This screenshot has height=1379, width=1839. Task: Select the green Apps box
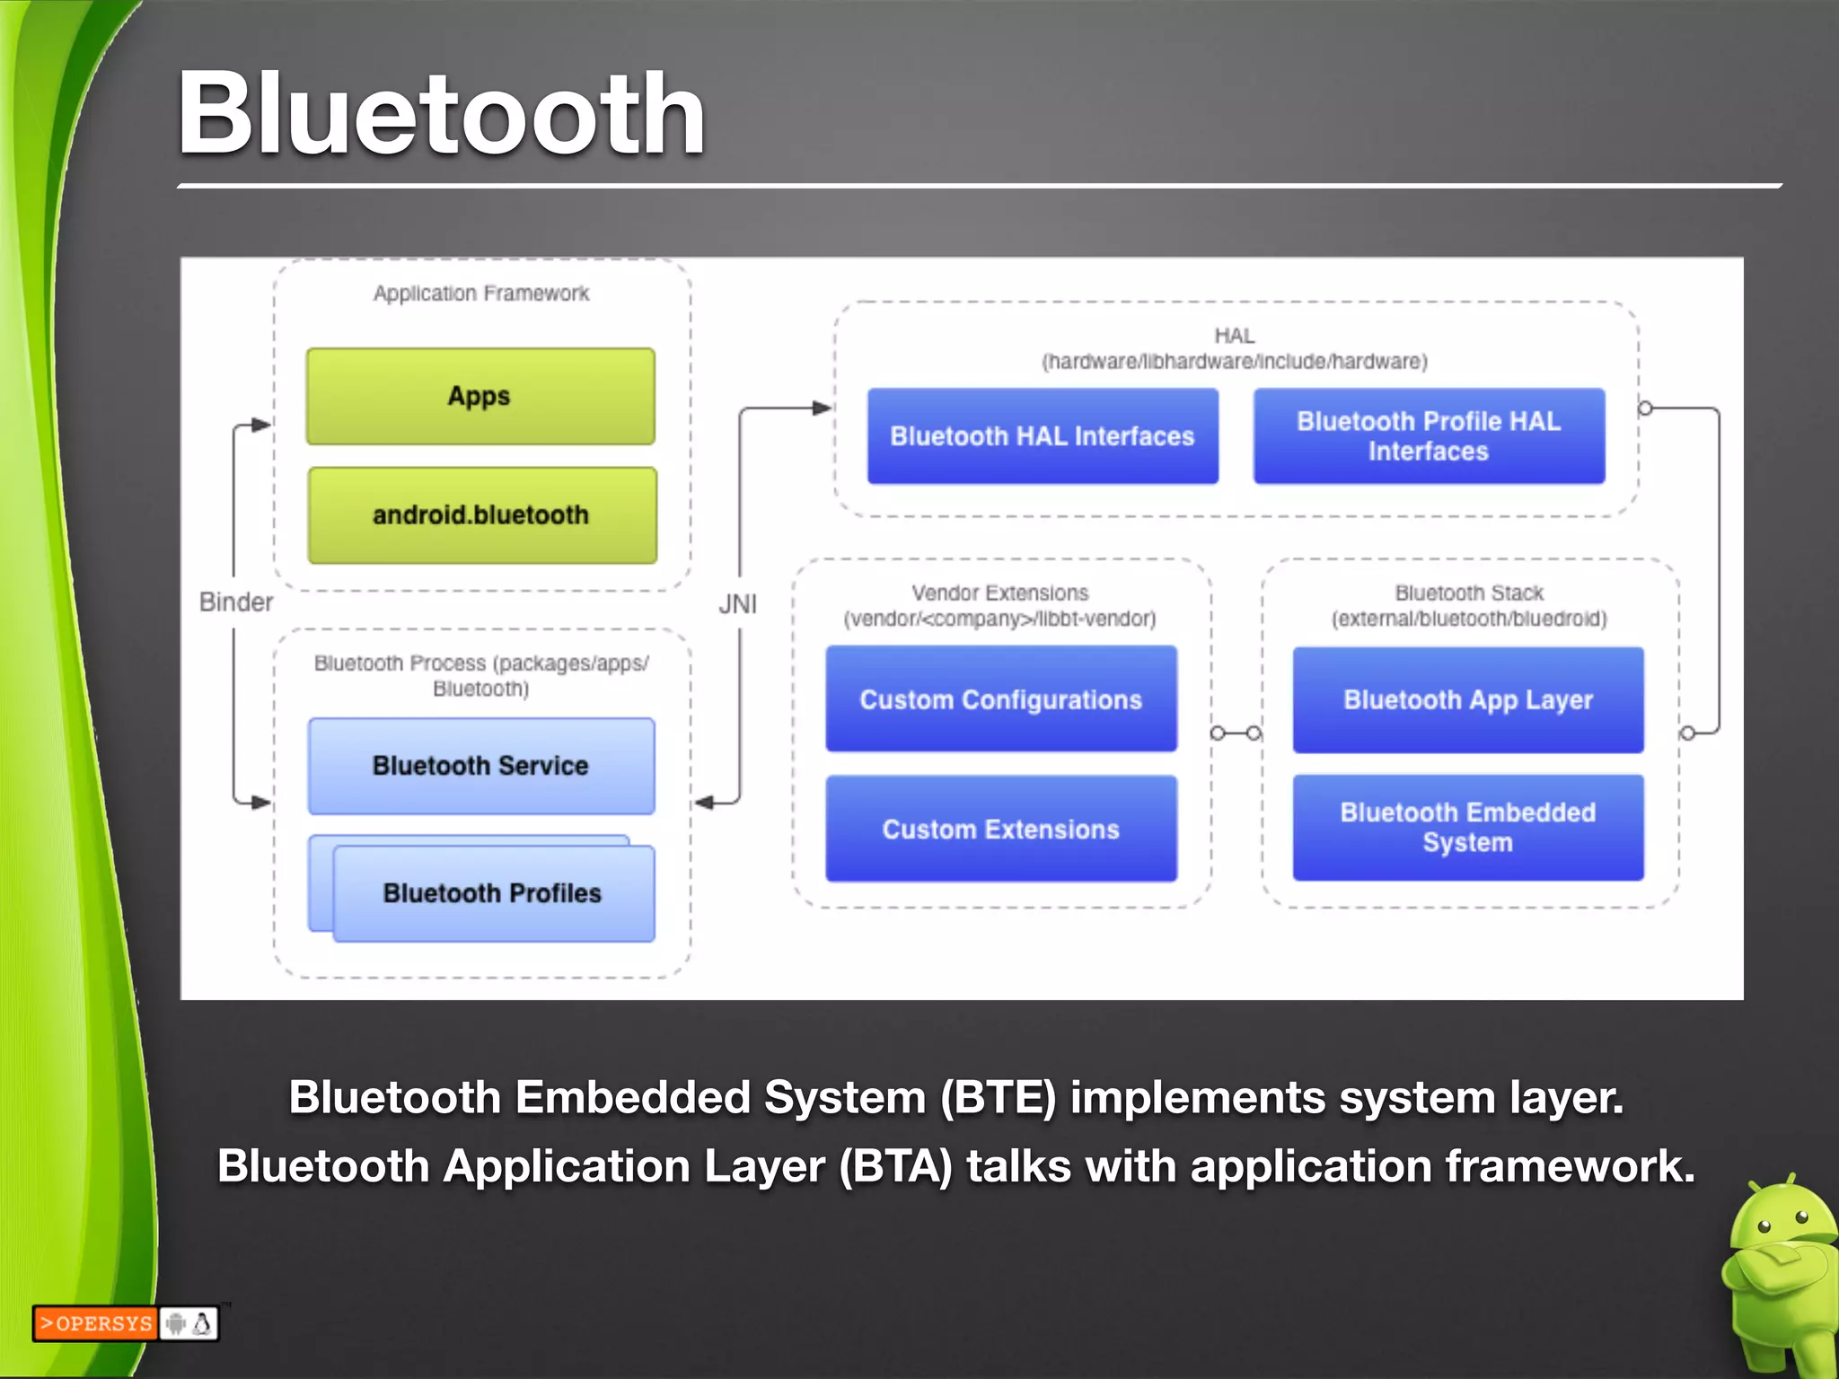coord(480,396)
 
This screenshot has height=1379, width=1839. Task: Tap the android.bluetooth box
coord(481,515)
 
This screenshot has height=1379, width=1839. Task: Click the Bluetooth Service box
coord(480,766)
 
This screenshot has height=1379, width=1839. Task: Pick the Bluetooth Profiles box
coord(492,893)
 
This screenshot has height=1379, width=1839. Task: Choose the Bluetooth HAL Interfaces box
coord(1043,436)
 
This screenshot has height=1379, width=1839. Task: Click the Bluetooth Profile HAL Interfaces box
coord(1429,436)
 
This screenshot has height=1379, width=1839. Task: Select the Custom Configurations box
coord(1001,699)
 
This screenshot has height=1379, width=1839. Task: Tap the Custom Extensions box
coord(1001,829)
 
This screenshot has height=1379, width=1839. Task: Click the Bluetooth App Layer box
coord(1468,699)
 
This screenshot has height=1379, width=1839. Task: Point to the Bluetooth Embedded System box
coord(1468,827)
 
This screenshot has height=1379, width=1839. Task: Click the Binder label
coord(235,602)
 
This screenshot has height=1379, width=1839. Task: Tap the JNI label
coord(737,604)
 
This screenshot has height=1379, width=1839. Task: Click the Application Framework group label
coord(481,294)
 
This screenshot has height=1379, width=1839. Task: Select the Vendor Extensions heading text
coord(999,593)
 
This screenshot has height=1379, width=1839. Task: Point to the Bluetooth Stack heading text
coord(1469,593)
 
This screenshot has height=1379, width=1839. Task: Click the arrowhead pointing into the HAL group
coord(822,408)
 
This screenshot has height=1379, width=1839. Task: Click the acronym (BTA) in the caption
coord(895,1166)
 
